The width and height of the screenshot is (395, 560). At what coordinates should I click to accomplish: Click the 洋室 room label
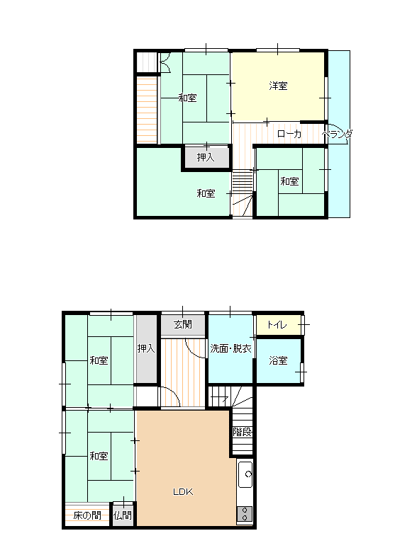click(x=279, y=86)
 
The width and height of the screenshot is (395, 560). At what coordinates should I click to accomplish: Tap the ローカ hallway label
click(x=289, y=134)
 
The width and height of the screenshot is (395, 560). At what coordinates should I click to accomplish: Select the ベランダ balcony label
click(x=337, y=135)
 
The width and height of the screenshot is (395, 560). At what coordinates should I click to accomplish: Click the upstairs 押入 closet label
click(x=206, y=157)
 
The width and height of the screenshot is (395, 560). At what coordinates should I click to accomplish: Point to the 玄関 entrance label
click(x=183, y=324)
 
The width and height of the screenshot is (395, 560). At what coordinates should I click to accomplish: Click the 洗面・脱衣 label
click(x=230, y=348)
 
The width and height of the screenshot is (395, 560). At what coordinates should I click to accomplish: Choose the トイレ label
click(x=277, y=325)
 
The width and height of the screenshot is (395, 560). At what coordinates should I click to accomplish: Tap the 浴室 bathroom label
click(x=279, y=360)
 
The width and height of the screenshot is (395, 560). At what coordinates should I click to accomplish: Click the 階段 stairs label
click(x=243, y=432)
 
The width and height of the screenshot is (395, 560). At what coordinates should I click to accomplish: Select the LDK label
click(x=183, y=492)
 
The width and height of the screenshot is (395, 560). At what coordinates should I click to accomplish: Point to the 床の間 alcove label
click(x=87, y=515)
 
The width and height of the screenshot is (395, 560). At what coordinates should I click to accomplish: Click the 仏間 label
click(x=123, y=515)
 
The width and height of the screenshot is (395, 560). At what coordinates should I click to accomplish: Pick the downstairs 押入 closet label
click(x=146, y=348)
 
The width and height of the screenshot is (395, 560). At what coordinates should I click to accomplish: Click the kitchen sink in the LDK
click(x=245, y=474)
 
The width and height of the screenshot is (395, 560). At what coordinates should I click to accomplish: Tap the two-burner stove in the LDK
click(x=245, y=514)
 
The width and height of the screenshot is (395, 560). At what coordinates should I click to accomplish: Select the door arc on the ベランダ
click(x=340, y=132)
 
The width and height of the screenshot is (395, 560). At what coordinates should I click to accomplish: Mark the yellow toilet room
click(x=279, y=325)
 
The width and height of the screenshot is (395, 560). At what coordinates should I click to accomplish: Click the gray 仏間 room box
click(x=123, y=514)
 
